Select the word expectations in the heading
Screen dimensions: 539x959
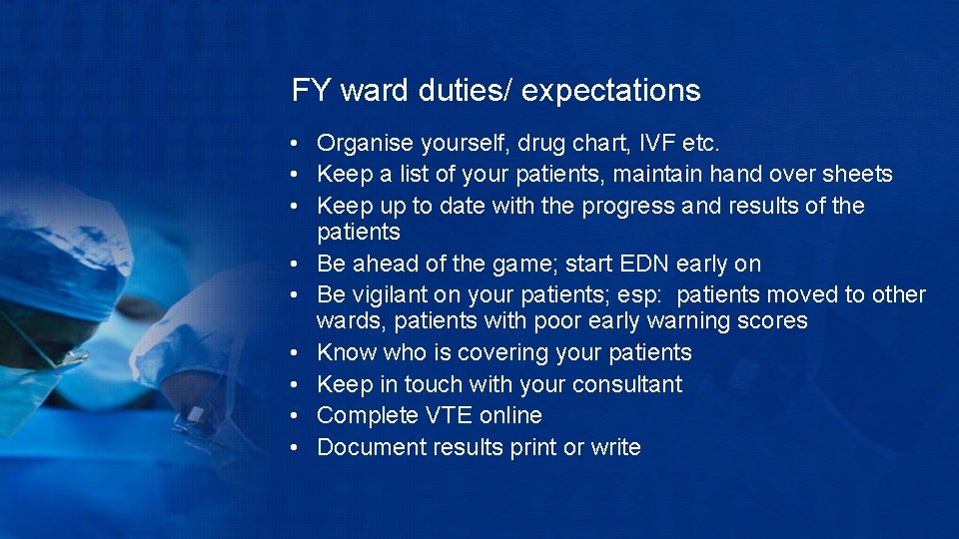coord(610,91)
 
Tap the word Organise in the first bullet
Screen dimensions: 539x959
coord(362,143)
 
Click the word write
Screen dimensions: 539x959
coord(615,447)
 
